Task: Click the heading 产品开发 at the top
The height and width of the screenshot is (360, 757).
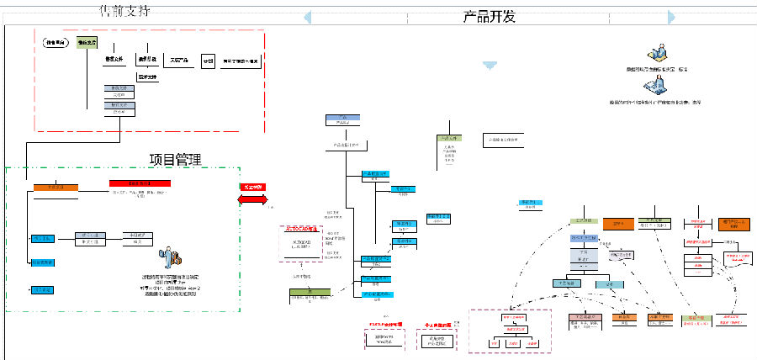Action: (x=489, y=17)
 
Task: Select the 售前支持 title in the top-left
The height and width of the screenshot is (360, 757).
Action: (x=125, y=11)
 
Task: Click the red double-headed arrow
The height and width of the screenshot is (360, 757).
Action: (x=251, y=199)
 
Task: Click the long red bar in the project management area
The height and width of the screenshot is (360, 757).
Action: (x=140, y=183)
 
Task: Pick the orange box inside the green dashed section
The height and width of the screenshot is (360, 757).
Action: (x=56, y=188)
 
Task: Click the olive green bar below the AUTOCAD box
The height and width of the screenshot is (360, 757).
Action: (x=310, y=292)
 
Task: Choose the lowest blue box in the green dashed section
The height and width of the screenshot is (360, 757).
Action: (x=42, y=289)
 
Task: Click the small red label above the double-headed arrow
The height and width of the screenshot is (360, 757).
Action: (x=251, y=186)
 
